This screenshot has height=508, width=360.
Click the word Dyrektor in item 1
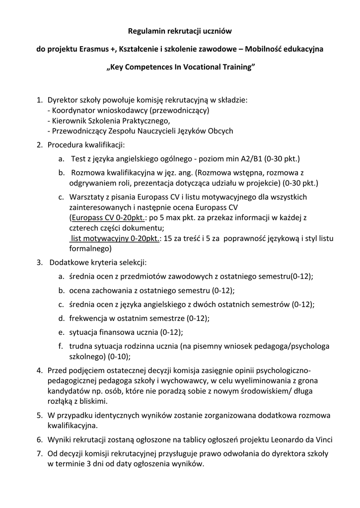tap(63, 100)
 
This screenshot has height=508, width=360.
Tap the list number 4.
tap(39, 370)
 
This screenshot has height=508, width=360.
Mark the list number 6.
tap(39, 440)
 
